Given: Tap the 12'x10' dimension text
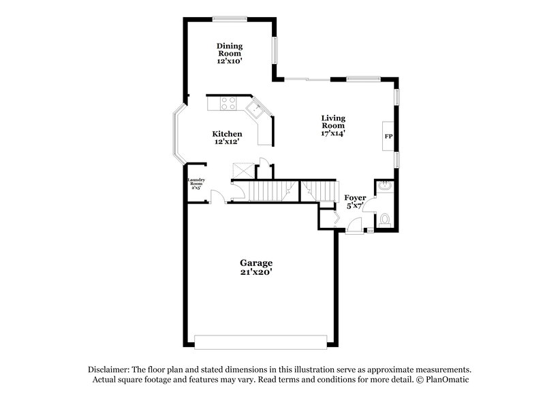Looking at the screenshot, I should click(230, 61).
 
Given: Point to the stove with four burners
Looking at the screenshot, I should click(228, 104).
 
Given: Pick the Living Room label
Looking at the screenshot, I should click(333, 121).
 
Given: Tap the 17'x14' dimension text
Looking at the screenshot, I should click(333, 133).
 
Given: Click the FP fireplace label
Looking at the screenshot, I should click(388, 137).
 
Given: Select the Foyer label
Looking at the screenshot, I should click(355, 197).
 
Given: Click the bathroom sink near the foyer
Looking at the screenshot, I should click(384, 185).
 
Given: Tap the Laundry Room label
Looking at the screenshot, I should click(196, 183).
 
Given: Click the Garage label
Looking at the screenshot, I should click(256, 263).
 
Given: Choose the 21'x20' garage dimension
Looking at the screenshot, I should click(256, 272).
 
